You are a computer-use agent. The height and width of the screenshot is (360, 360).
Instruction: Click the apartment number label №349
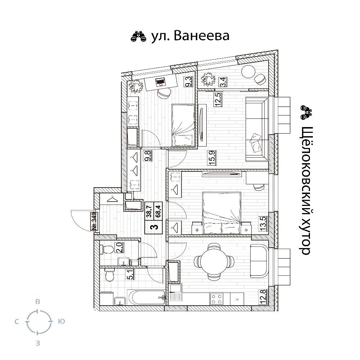pyautogui.click(x=94, y=221)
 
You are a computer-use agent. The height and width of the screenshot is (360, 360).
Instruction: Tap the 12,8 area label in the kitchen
pyautogui.click(x=263, y=297)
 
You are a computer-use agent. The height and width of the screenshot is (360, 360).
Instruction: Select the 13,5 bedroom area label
pyautogui.click(x=263, y=224)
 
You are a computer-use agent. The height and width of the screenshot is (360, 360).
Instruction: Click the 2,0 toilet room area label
pyautogui.click(x=120, y=248)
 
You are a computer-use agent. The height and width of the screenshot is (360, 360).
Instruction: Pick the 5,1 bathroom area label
pyautogui.click(x=131, y=274)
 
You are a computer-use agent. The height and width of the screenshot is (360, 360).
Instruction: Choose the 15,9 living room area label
pyautogui.click(x=212, y=158)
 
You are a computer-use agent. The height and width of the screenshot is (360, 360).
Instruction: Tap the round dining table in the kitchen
pyautogui.click(x=214, y=261)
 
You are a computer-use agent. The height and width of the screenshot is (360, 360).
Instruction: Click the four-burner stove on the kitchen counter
pyautogui.click(x=216, y=299)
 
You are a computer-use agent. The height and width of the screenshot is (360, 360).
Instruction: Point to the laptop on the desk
pyautogui.click(x=160, y=82)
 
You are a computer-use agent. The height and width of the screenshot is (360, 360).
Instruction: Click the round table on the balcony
pyautogui.click(x=248, y=72)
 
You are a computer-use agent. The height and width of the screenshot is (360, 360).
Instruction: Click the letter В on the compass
pyautogui.click(x=38, y=302)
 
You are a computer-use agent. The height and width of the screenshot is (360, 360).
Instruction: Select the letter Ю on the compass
pyautogui.click(x=62, y=321)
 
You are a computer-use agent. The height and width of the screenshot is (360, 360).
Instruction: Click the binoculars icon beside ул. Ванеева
pyautogui.click(x=139, y=36)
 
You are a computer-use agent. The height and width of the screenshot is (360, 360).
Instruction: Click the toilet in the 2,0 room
pyautogui.click(x=107, y=249)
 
